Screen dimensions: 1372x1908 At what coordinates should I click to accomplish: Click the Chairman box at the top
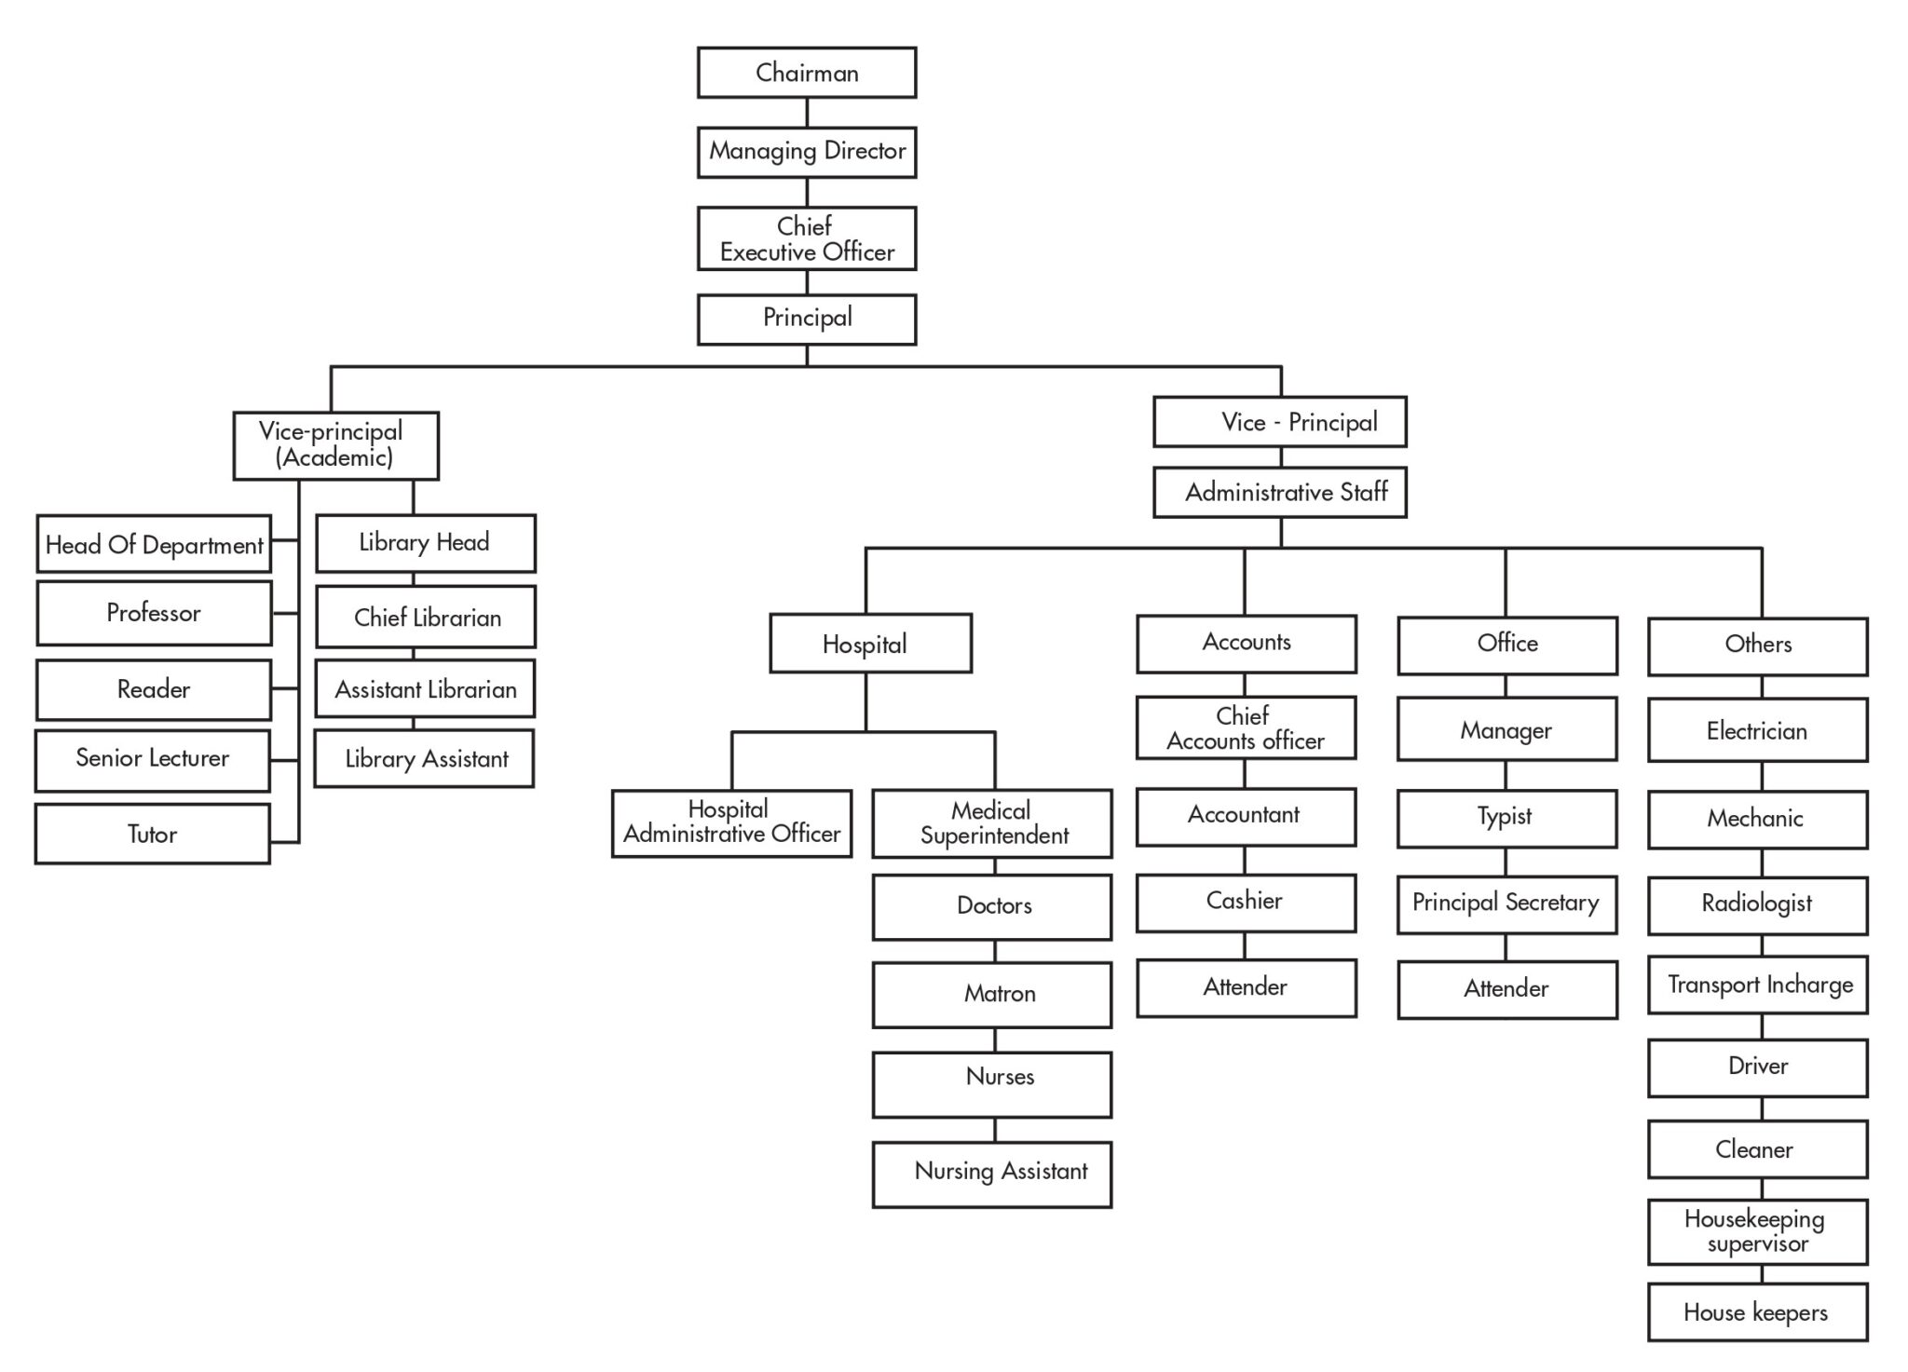point(807,73)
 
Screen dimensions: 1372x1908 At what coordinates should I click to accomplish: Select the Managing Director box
point(807,152)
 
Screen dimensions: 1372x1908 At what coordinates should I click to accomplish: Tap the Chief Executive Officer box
point(807,238)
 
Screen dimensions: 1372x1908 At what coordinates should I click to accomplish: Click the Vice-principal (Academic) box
point(335,445)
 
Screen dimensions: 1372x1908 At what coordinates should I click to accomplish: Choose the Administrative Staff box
point(1280,492)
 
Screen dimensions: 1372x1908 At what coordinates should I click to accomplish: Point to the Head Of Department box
point(154,544)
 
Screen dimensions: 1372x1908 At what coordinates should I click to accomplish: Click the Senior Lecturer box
point(153,759)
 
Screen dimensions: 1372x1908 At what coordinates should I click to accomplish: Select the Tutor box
point(153,834)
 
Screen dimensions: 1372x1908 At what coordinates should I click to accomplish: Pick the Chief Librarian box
point(426,617)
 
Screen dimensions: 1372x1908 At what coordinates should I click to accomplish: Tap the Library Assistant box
point(425,758)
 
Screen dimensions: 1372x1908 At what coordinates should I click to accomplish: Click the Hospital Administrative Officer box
point(731,822)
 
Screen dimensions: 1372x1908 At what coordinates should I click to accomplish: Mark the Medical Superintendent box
point(992,823)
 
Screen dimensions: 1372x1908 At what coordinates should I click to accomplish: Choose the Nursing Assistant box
point(992,1174)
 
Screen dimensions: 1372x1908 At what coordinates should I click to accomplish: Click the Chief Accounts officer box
point(1246,727)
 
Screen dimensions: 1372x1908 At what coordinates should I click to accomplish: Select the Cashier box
point(1246,902)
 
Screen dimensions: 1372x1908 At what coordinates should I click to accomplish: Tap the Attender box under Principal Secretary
point(1506,989)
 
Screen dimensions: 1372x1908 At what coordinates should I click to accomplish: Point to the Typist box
point(1506,818)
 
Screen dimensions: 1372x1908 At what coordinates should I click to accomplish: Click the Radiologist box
point(1757,904)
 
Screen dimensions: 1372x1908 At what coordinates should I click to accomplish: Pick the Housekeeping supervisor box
point(1757,1231)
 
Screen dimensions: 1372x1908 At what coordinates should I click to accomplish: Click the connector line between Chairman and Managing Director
point(807,113)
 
